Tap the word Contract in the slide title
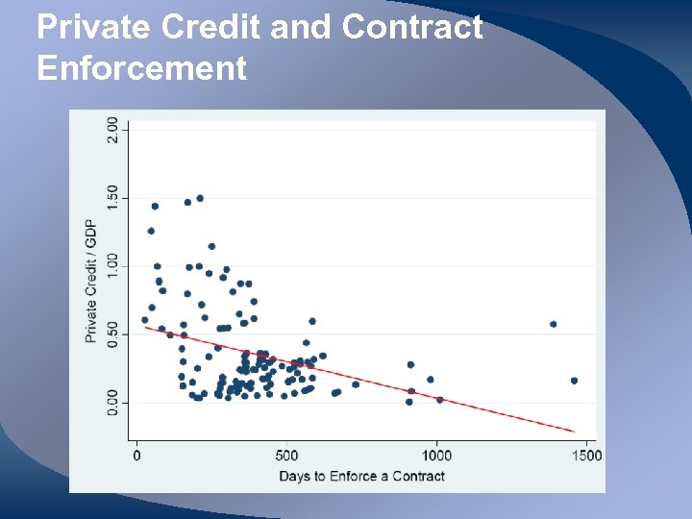click(412, 27)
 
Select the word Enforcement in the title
click(142, 68)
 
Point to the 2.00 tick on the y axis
click(113, 130)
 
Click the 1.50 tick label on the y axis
click(113, 198)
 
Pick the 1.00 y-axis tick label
click(113, 266)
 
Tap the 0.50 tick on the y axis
click(113, 334)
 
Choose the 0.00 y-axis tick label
click(113, 403)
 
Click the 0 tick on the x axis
click(136, 456)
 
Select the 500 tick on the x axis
click(285, 456)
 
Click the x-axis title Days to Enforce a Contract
click(361, 476)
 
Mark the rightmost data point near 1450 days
click(574, 381)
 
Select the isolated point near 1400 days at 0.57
click(553, 324)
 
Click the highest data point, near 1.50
click(200, 198)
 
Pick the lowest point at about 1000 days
click(439, 400)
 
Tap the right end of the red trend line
click(574, 431)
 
